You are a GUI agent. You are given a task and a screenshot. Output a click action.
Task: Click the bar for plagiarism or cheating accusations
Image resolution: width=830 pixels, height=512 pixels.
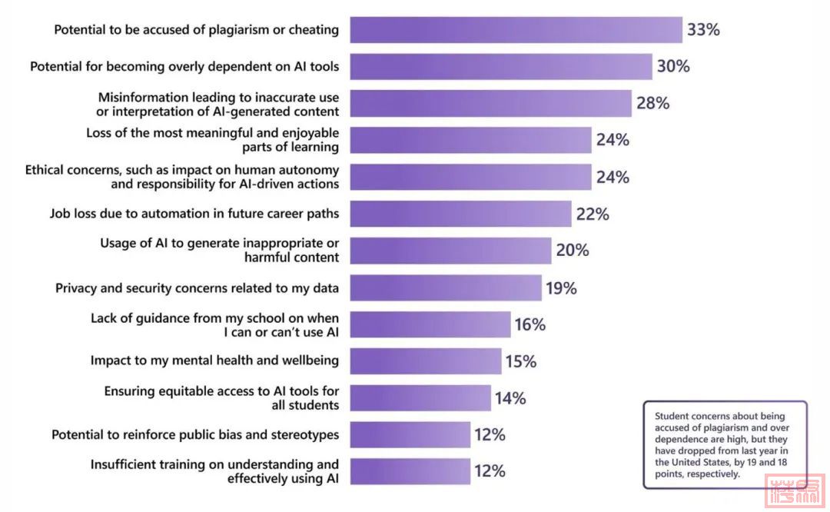click(516, 30)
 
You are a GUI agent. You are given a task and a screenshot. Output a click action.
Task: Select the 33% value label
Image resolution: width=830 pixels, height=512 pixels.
click(703, 30)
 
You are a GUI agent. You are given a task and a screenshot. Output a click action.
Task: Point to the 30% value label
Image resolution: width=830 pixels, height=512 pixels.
click(673, 67)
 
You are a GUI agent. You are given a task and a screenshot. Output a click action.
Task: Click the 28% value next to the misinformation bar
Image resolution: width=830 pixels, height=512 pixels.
click(652, 103)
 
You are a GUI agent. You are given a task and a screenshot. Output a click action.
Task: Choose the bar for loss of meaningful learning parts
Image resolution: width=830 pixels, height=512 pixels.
click(470, 140)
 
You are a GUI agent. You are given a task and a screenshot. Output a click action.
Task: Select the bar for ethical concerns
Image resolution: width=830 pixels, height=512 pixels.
click(470, 177)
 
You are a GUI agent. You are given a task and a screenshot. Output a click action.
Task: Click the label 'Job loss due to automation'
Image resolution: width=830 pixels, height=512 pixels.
click(194, 214)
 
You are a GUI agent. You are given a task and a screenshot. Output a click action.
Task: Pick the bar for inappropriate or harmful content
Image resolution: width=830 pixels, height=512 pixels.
click(450, 251)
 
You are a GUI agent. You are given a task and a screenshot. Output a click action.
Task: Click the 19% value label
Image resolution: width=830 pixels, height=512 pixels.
click(561, 288)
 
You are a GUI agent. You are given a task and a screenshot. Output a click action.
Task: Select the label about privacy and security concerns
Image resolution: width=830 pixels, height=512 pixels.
click(197, 288)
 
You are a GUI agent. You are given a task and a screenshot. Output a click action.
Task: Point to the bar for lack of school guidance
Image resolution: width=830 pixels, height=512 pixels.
click(430, 324)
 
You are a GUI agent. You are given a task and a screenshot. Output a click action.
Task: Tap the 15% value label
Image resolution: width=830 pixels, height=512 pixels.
click(520, 361)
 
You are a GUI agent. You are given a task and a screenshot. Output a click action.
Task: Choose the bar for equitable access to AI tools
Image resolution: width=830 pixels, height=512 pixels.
click(420, 398)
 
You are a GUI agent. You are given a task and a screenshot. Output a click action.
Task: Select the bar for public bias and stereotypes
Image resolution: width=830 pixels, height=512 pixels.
click(410, 434)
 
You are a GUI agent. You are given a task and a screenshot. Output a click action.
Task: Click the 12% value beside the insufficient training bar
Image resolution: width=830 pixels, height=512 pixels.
click(490, 471)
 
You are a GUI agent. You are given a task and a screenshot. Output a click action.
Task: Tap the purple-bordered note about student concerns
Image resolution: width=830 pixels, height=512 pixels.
click(725, 444)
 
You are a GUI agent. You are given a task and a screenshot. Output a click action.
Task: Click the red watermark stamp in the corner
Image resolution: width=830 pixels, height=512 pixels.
click(794, 491)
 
